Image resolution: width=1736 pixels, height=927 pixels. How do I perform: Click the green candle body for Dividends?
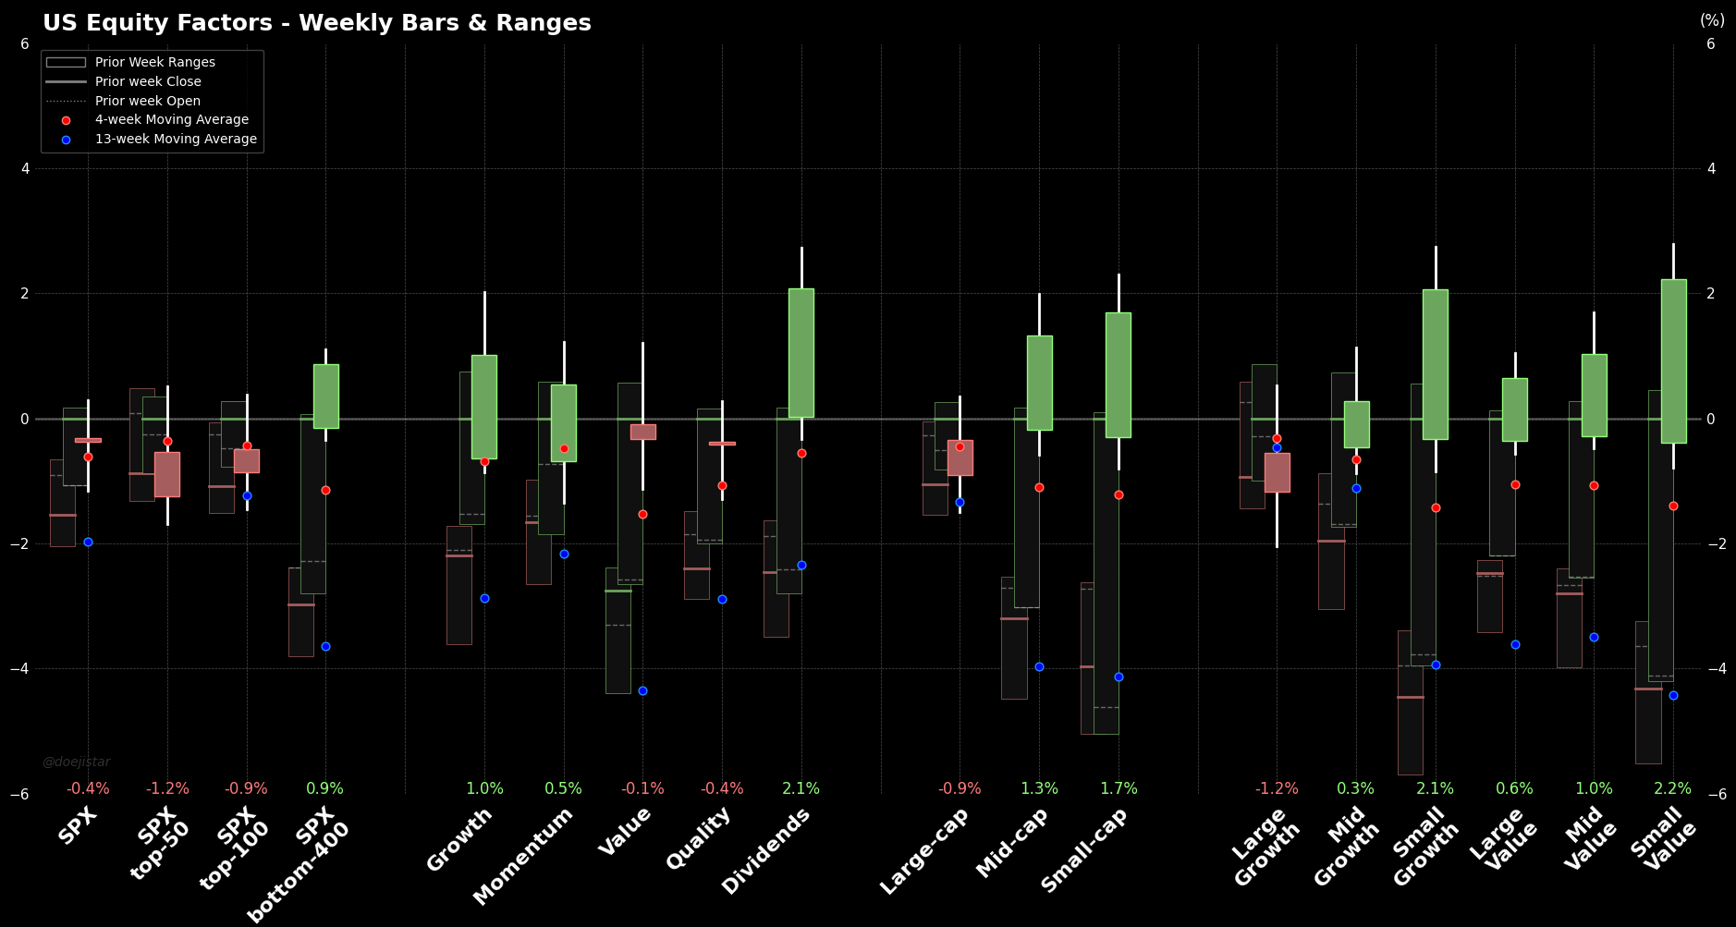tap(801, 353)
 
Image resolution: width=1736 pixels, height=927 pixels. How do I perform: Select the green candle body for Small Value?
tap(1673, 361)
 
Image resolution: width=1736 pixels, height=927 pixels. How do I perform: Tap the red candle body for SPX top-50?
tap(167, 474)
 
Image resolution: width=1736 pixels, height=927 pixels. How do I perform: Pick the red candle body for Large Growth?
tap(1277, 472)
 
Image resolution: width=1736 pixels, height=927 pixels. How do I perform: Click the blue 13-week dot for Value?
tap(642, 690)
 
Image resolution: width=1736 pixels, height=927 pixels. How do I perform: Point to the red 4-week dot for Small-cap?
tap(1119, 495)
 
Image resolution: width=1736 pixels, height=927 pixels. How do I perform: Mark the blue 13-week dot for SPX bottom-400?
tap(325, 646)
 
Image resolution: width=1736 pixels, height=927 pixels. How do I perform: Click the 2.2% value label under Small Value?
tap(1672, 789)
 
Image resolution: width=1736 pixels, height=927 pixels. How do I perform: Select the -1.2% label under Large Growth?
tap(1277, 789)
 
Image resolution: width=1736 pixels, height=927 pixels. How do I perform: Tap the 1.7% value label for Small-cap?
tap(1119, 789)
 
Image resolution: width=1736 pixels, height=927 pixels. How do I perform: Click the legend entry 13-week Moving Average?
tap(176, 139)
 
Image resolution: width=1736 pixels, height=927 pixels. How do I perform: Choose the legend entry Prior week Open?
tap(148, 101)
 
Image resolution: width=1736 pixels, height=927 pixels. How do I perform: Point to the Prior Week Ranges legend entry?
tap(154, 62)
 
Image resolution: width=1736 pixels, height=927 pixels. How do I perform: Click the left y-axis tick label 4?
tap(25, 168)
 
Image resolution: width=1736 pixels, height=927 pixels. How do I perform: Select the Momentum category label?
tap(525, 854)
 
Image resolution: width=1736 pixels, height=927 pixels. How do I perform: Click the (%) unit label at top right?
tap(1712, 20)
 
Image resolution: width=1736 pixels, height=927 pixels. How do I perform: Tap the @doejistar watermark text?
tap(76, 762)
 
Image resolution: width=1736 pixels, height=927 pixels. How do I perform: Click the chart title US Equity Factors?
tap(317, 23)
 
